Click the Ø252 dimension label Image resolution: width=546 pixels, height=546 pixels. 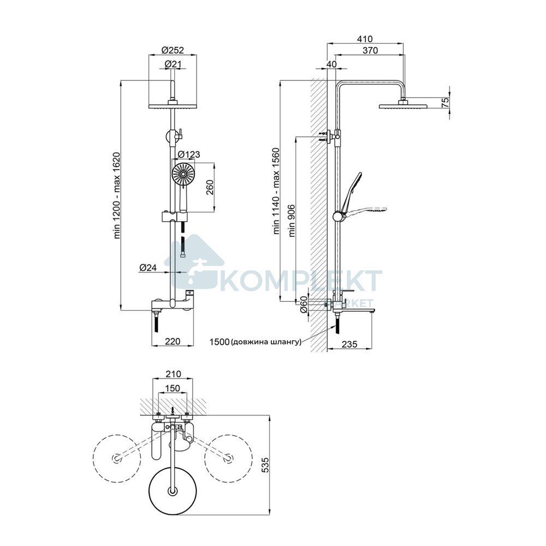173,50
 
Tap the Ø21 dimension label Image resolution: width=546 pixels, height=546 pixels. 173,64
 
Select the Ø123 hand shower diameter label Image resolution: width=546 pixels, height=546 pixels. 189,154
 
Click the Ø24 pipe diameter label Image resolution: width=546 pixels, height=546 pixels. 149,268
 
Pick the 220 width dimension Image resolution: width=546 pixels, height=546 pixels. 173,341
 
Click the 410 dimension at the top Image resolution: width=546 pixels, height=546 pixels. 365,39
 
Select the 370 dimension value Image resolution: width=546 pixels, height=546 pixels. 370,50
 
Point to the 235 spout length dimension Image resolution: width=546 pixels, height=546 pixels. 349,345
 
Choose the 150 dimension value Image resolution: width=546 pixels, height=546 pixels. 173,388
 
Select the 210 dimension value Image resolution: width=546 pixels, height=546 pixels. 173,374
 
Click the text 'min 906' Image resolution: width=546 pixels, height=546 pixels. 291,221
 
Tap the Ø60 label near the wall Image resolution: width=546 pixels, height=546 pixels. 304,304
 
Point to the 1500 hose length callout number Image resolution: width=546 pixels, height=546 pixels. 219,342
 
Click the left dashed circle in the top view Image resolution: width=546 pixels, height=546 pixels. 117,458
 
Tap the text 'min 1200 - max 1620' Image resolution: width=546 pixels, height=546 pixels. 117,195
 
